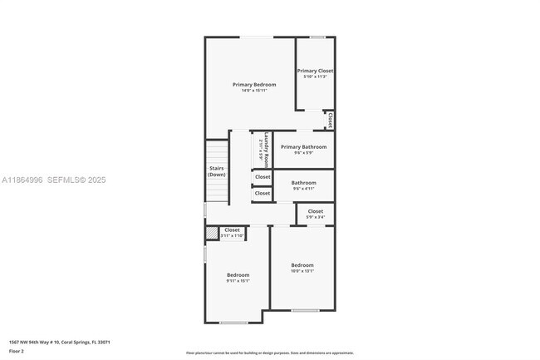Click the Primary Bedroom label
[x=254, y=84]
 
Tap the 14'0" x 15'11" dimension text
[x=254, y=90]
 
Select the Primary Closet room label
[x=315, y=71]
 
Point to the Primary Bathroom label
[x=303, y=146]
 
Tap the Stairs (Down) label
[x=217, y=171]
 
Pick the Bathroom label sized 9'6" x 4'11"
[x=303, y=182]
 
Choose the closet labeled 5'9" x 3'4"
[x=316, y=214]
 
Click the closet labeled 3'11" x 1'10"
[x=232, y=233]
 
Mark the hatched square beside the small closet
[x=211, y=234]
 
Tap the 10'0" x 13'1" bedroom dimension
[x=302, y=270]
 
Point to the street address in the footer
[x=60, y=342]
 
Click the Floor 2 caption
[x=17, y=351]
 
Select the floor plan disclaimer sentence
[x=270, y=353]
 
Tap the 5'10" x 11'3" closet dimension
[x=315, y=76]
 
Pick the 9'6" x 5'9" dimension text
[x=303, y=152]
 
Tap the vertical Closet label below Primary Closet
[x=330, y=121]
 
